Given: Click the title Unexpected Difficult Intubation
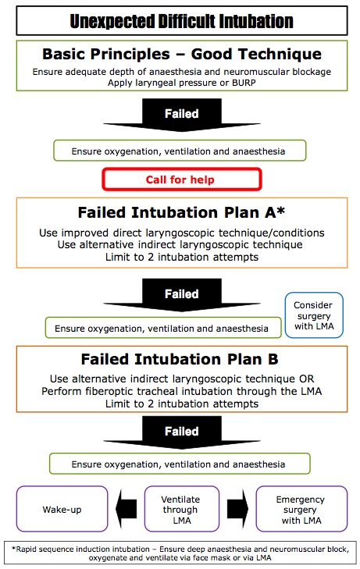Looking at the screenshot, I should pyautogui.click(x=180, y=21).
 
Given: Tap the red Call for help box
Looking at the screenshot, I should pyautogui.click(x=180, y=179).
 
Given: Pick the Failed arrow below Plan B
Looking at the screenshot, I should pyautogui.click(x=180, y=433).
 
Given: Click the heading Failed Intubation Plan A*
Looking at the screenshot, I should pyautogui.click(x=180, y=213).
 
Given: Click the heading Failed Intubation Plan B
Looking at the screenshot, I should pyautogui.click(x=180, y=360).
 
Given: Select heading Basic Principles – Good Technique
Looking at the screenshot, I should pyautogui.click(x=180, y=55).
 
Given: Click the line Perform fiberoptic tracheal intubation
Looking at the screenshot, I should pyautogui.click(x=180, y=391).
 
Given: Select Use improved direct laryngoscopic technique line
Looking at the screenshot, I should pyautogui.click(x=180, y=233).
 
